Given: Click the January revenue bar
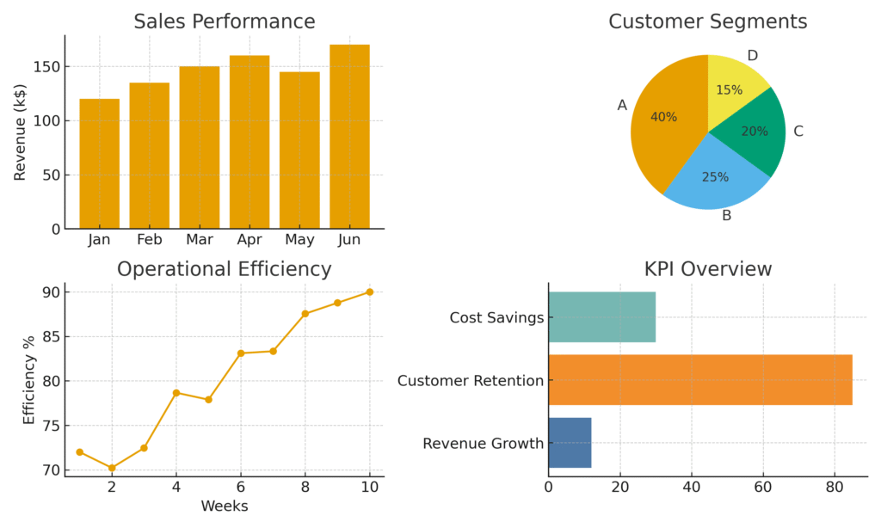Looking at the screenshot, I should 100,163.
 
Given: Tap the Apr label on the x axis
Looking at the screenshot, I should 250,240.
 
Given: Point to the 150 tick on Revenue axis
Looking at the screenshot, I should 51,67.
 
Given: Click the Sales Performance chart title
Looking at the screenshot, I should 224,21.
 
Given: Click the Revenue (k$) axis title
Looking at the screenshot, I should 21,132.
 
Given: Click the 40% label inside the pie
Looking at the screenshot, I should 663,117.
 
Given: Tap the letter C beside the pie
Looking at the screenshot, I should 798,132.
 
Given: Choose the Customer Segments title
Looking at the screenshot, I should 707,21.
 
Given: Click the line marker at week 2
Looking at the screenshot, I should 112,468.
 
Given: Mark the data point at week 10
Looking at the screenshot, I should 370,292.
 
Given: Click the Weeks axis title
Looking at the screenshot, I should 224,507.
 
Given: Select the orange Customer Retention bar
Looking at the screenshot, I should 699,379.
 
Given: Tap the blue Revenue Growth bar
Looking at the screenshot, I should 570,442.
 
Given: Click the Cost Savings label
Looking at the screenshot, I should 496,318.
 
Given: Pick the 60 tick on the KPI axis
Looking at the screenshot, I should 763,487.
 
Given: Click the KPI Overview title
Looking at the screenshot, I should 707,269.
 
